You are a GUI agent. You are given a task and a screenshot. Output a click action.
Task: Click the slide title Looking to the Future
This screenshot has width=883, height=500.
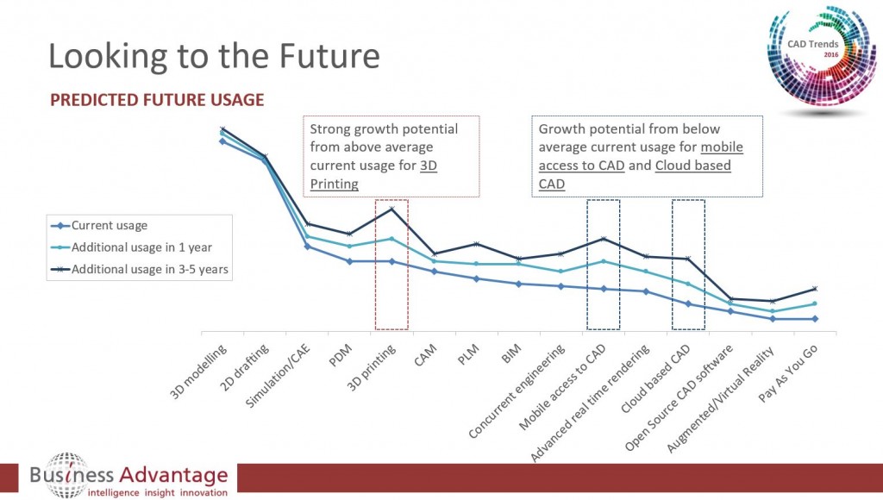pyautogui.click(x=214, y=56)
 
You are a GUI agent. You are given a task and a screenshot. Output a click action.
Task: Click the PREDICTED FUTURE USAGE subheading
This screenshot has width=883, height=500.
pyautogui.click(x=157, y=100)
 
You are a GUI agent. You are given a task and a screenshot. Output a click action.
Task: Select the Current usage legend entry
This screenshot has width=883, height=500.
pyautogui.click(x=110, y=226)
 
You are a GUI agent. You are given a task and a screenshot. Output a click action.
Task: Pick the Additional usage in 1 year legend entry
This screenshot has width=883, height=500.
pyautogui.click(x=141, y=247)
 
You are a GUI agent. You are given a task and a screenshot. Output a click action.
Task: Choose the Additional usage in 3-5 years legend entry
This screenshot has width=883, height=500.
pyautogui.click(x=149, y=269)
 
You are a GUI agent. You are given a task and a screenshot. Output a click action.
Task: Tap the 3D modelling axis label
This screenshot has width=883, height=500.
pyautogui.click(x=199, y=372)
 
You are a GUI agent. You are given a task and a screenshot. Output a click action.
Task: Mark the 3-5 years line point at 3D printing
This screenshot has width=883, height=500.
pyautogui.click(x=391, y=209)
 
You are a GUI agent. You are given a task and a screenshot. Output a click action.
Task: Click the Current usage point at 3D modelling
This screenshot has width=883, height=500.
pyautogui.click(x=222, y=141)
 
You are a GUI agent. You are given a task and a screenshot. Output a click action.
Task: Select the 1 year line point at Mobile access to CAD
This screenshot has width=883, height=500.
pyautogui.click(x=603, y=261)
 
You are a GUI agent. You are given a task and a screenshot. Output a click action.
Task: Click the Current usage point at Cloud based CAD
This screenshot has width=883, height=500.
pyautogui.click(x=687, y=303)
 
